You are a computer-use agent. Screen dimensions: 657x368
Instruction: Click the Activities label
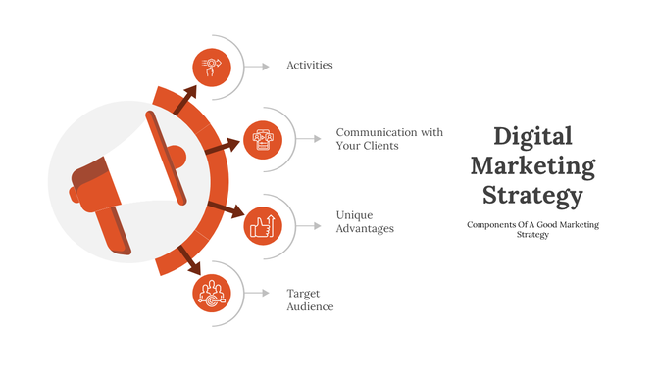(x=310, y=66)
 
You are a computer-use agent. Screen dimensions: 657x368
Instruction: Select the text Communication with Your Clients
(x=389, y=139)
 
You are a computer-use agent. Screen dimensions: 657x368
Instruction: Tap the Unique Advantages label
(x=365, y=221)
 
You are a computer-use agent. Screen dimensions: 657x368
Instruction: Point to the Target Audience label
(x=310, y=299)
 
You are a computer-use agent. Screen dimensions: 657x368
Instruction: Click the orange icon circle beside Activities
(x=211, y=66)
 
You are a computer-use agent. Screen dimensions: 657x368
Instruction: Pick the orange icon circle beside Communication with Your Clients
(x=262, y=138)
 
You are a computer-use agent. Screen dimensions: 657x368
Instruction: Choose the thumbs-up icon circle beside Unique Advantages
(x=262, y=224)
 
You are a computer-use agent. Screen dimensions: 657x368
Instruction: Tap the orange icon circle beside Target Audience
(x=211, y=293)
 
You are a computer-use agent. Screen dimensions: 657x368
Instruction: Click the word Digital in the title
(x=532, y=136)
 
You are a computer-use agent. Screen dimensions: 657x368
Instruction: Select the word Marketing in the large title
(x=532, y=165)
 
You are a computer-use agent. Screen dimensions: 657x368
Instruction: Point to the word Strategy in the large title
(x=532, y=195)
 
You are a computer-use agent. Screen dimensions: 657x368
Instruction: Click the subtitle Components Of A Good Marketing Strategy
(x=532, y=229)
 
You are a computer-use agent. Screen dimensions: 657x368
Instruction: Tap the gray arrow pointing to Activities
(x=257, y=67)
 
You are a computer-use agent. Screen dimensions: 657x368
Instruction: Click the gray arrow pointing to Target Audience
(x=257, y=293)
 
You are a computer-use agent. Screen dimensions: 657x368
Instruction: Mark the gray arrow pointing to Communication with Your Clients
(x=309, y=138)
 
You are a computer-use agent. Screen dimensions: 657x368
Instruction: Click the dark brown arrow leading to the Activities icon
(x=184, y=99)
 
